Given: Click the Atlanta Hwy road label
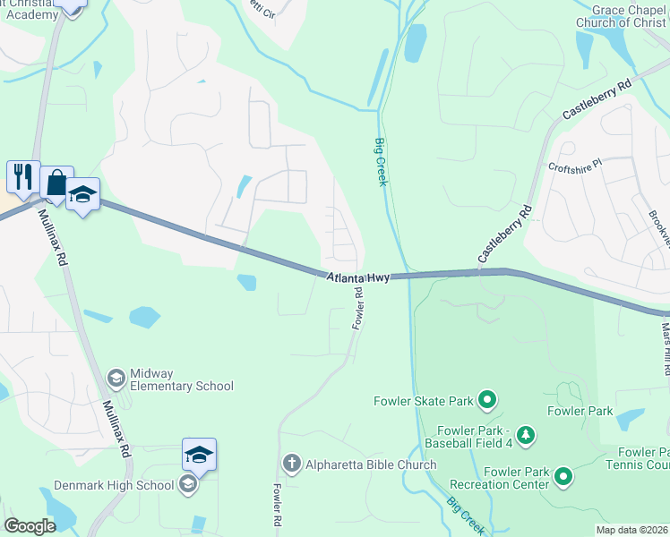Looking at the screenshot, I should click(357, 278).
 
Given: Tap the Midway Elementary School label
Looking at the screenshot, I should click(181, 379).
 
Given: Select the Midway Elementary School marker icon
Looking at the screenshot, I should click(116, 379).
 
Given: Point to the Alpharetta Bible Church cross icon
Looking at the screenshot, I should click(290, 464).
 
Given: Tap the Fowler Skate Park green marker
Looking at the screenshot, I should click(487, 399).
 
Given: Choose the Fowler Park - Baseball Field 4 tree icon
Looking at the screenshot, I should click(527, 435).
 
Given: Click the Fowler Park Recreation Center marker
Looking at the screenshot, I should click(563, 478).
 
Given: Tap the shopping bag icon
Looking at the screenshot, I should click(56, 183).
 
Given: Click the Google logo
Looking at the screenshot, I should click(30, 525).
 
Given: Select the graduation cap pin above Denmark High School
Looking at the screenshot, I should click(198, 455).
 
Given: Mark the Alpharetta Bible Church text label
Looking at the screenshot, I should click(371, 465).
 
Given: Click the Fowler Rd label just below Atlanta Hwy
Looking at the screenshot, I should click(357, 307).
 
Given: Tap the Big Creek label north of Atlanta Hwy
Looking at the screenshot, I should click(381, 162).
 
